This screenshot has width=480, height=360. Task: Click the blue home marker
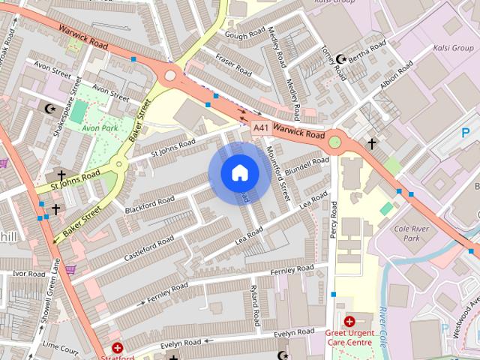239,173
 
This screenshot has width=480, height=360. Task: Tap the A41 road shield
260,128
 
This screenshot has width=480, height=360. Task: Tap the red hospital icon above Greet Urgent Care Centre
349,321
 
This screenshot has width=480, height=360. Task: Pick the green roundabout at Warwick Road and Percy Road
334,142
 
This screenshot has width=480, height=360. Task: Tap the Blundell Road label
306,164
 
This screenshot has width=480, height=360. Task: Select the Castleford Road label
149,244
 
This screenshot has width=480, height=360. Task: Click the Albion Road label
396,78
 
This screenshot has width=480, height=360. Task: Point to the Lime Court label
60,348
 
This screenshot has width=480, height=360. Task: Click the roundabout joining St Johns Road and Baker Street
118,165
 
